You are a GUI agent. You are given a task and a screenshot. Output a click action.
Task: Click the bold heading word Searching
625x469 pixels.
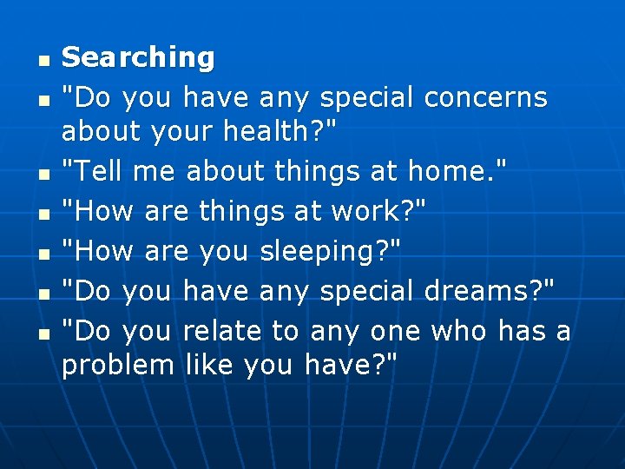[x=138, y=58]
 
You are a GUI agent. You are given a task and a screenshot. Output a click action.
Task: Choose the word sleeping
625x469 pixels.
[x=325, y=251]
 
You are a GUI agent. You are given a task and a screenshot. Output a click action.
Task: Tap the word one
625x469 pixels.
[x=394, y=331]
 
